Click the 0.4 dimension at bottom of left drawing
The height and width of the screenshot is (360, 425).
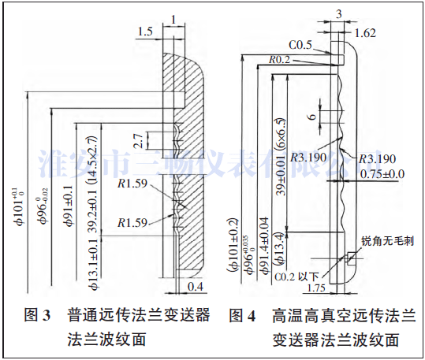pyautogui.click(x=197, y=285)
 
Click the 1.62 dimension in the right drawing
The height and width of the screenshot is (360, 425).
pyautogui.click(x=365, y=32)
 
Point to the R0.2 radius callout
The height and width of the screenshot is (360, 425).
pyautogui.click(x=278, y=59)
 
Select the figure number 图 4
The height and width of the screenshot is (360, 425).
pyautogui.click(x=242, y=316)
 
